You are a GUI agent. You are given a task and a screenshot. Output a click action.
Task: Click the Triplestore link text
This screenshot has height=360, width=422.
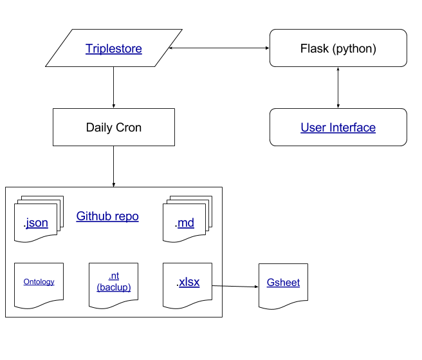(114, 48)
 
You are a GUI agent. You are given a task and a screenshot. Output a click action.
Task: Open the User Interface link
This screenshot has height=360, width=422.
(338, 128)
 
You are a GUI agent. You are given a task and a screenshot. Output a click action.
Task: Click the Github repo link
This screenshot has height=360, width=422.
(107, 216)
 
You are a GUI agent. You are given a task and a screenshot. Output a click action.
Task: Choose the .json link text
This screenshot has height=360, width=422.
(36, 223)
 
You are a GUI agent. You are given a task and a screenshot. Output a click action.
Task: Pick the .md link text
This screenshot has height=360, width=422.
(185, 223)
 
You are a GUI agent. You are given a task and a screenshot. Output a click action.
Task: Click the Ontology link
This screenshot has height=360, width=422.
(39, 281)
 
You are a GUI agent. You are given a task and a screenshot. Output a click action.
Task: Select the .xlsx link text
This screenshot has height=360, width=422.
(188, 281)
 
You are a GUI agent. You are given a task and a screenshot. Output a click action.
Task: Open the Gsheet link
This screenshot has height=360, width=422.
(283, 282)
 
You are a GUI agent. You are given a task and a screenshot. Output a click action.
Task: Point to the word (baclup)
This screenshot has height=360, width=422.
(114, 287)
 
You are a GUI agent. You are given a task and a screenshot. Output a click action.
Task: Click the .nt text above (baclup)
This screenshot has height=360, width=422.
(114, 277)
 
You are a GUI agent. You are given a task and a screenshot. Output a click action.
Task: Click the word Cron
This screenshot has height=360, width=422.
(129, 128)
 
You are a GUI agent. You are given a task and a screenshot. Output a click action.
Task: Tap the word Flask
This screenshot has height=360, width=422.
(313, 48)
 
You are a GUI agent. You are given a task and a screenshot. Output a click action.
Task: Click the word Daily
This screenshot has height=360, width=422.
(99, 128)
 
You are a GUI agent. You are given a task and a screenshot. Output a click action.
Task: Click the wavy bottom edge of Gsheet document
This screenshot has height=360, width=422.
(283, 305)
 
